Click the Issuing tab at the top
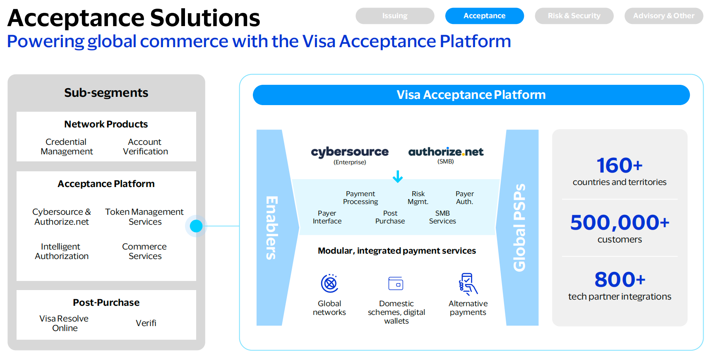(x=395, y=16)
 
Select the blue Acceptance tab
(x=484, y=16)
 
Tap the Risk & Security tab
(x=574, y=16)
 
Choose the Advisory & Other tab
(x=663, y=16)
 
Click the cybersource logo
(x=350, y=152)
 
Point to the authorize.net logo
(x=446, y=152)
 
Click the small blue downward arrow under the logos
(x=398, y=177)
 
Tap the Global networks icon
(x=330, y=283)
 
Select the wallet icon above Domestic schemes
(x=396, y=283)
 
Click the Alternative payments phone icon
(x=468, y=284)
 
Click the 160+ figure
(x=619, y=166)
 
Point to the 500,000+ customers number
(x=619, y=223)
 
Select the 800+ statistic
(x=620, y=280)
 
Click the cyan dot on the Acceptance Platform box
(x=196, y=226)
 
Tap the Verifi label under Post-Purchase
(x=146, y=323)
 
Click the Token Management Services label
(x=144, y=217)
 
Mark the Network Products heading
(x=106, y=124)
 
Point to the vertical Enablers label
(x=271, y=228)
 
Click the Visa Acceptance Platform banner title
(x=471, y=95)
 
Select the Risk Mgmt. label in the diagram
(x=418, y=198)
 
